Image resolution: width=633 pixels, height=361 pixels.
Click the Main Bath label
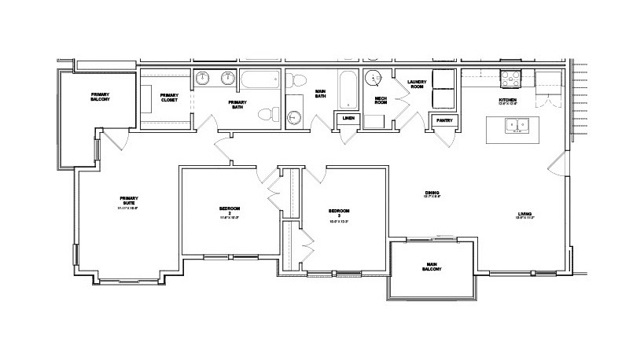tap(321, 94)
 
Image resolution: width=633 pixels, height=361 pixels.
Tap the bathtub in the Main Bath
tap(348, 88)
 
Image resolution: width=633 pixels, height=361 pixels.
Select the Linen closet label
tap(347, 119)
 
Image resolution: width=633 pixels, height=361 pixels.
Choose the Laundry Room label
tap(416, 85)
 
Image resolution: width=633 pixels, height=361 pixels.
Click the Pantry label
tap(440, 120)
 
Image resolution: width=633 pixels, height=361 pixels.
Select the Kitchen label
tap(508, 101)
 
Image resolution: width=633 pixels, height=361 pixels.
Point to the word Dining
tap(432, 193)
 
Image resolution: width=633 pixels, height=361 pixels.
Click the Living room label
tap(524, 212)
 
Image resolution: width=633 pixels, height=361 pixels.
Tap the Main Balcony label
tap(432, 267)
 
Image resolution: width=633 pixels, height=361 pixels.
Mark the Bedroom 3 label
tap(339, 211)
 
